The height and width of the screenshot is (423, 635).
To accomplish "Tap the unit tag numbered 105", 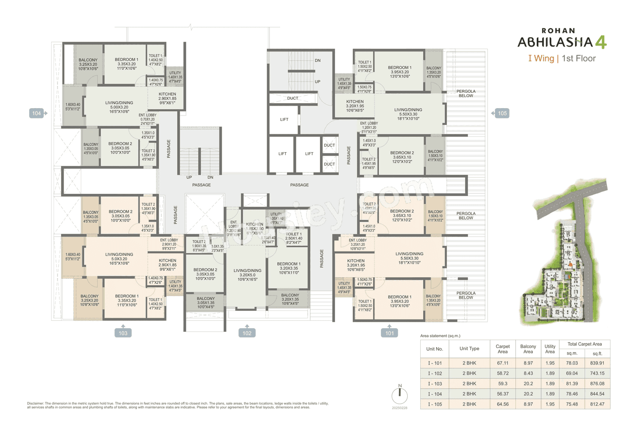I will pyautogui.click(x=502, y=114).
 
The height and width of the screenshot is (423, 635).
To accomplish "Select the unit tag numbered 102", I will pyautogui.click(x=247, y=333).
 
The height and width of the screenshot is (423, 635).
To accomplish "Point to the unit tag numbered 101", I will pyautogui.click(x=390, y=333).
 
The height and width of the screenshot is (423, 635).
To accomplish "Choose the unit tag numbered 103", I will pyautogui.click(x=123, y=333).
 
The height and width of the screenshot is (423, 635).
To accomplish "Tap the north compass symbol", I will pyautogui.click(x=399, y=395).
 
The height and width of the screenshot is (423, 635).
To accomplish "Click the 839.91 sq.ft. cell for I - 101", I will pyautogui.click(x=598, y=363).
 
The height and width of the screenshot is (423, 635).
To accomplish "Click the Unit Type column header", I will pyautogui.click(x=469, y=349).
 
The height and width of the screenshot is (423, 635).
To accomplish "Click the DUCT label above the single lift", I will pyautogui.click(x=293, y=98).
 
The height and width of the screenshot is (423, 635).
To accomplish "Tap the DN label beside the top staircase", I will pyautogui.click(x=317, y=60).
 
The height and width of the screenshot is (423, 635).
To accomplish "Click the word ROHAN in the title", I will pyautogui.click(x=554, y=30).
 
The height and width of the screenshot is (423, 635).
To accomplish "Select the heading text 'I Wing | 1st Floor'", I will pyautogui.click(x=561, y=59).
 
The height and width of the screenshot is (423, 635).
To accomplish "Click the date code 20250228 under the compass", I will pyautogui.click(x=399, y=407).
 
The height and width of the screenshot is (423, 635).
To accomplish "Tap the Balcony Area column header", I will pyautogui.click(x=528, y=349).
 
